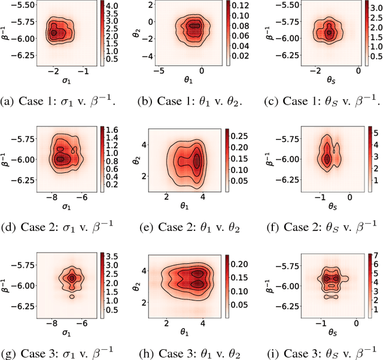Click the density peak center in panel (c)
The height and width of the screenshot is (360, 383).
(x=329, y=33)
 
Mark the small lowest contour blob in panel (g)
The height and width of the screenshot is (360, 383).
(x=72, y=296)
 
